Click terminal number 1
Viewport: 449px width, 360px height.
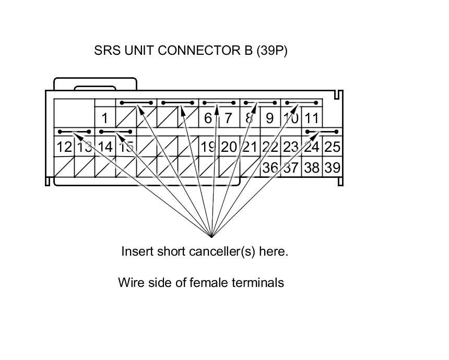(x=105, y=118)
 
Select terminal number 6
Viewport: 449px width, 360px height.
(x=208, y=118)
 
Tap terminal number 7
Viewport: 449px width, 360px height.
(x=228, y=118)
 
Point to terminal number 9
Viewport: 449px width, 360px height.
(x=269, y=118)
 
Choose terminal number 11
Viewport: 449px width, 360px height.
(x=312, y=118)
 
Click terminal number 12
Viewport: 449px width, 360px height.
(x=64, y=147)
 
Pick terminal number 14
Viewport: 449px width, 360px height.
(x=105, y=147)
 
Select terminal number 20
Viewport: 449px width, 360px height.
(x=229, y=147)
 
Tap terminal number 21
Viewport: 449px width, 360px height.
(x=250, y=147)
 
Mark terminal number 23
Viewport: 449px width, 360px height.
(x=291, y=147)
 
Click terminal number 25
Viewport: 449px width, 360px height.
(x=332, y=147)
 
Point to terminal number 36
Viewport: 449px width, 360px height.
(x=270, y=168)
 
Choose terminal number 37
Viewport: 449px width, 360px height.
(x=291, y=168)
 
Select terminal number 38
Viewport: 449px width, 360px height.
(x=312, y=168)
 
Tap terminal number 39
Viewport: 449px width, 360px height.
(x=332, y=168)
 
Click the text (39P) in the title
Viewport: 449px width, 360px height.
(x=271, y=51)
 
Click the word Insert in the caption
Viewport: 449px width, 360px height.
(x=137, y=251)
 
